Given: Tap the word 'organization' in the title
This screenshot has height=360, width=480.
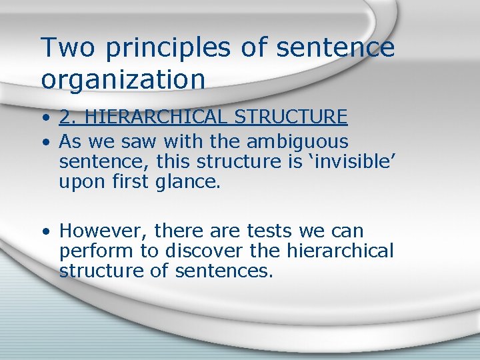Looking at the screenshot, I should click(x=123, y=80).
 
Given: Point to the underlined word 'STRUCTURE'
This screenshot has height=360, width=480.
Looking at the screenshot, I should click(x=291, y=118).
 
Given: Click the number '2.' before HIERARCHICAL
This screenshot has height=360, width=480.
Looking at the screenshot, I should click(x=67, y=118).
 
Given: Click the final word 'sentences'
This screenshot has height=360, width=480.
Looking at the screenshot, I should click(x=223, y=271).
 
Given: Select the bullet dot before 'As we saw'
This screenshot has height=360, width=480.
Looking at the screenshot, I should click(x=45, y=142).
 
